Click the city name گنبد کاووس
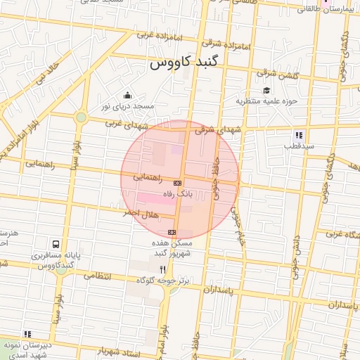pyautogui.click(x=185, y=63)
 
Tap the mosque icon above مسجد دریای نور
pyautogui.click(x=127, y=96)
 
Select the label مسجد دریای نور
pyautogui.click(x=127, y=106)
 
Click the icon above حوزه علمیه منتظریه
pyautogui.click(x=266, y=91)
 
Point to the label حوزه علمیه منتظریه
pyautogui.click(x=266, y=101)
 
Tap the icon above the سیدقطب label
pyautogui.click(x=299, y=135)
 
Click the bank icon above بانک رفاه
pyautogui.click(x=176, y=183)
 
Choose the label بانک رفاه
pyautogui.click(x=176, y=193)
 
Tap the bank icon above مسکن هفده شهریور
pyautogui.click(x=172, y=233)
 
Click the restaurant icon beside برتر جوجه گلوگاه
pyautogui.click(x=163, y=269)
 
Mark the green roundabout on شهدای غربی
pyautogui.click(x=81, y=117)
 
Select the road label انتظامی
pyautogui.click(x=98, y=276)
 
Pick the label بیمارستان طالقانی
pyautogui.click(x=320, y=9)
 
